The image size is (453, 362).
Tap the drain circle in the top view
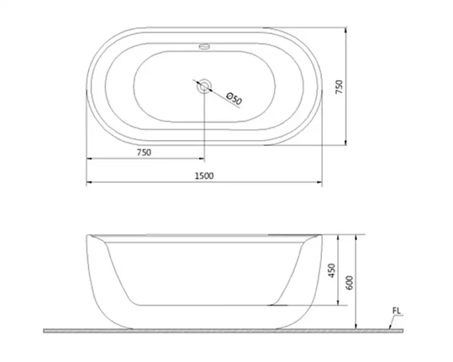[204, 86]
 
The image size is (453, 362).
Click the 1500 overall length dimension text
[204, 175]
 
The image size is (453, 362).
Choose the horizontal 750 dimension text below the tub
[144, 152]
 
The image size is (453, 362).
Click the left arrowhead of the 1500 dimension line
[89, 183]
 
